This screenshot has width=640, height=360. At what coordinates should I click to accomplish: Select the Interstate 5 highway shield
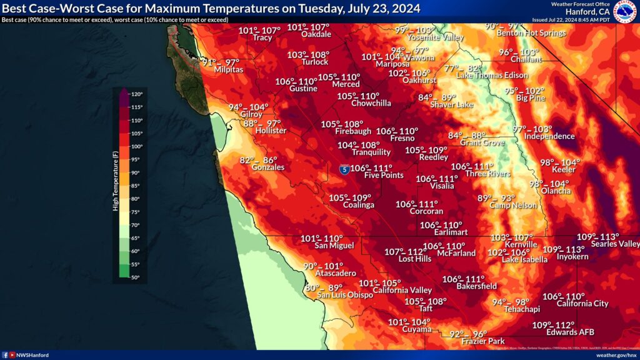point(344,169)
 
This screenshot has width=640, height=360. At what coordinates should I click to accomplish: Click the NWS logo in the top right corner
point(624,11)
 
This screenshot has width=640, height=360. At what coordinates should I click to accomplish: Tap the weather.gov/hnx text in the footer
point(616,355)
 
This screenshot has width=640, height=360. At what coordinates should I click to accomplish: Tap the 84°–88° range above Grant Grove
point(467,136)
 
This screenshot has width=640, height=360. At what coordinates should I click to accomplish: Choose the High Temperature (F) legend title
point(116,181)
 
